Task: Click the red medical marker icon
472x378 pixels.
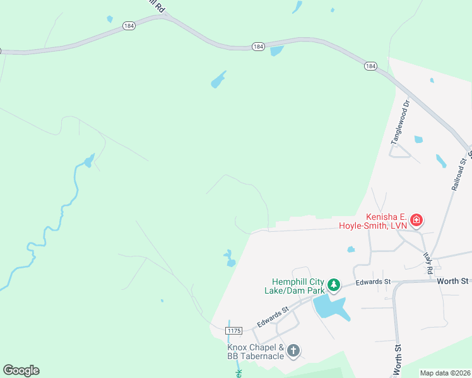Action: point(416,220)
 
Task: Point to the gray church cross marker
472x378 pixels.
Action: point(293,350)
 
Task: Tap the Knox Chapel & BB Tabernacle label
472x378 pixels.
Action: point(255,352)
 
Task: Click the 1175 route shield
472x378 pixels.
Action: point(234,330)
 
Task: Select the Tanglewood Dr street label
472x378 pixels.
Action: point(400,121)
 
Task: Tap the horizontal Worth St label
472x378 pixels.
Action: point(454,280)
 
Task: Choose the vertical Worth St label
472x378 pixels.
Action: point(398,360)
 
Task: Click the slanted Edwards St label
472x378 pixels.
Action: point(272,317)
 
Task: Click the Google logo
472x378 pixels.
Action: point(21,370)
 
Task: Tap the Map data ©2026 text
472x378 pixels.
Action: point(445,373)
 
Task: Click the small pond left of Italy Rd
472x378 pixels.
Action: point(351,249)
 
